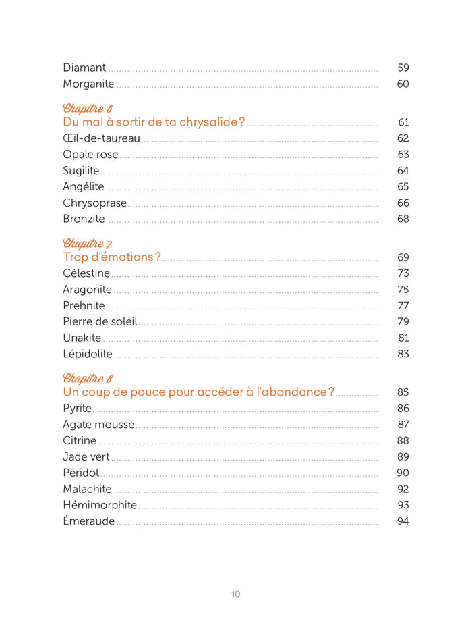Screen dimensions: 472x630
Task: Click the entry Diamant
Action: point(84,68)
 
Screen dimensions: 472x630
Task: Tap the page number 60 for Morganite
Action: point(403,84)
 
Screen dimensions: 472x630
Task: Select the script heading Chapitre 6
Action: point(88,109)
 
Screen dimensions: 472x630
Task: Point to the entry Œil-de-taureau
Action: point(101,138)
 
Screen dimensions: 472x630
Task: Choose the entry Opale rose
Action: point(90,155)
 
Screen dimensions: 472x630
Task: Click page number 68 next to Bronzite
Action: point(403,219)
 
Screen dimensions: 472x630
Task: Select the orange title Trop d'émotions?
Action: point(112,257)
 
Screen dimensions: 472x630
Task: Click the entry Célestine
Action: point(86,273)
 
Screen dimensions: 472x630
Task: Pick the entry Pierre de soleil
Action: point(100,321)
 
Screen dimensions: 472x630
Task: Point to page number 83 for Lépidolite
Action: point(403,354)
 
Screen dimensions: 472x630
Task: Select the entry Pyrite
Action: point(77,409)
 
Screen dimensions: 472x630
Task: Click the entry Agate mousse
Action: point(98,425)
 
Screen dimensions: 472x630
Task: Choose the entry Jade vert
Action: point(86,456)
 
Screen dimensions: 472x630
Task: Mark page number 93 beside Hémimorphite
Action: point(403,505)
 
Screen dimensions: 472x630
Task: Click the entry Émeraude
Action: point(89,521)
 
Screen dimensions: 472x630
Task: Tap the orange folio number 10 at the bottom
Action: point(235,594)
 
